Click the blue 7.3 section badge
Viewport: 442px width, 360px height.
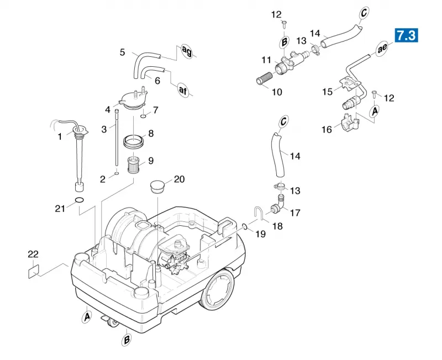(x=406, y=35)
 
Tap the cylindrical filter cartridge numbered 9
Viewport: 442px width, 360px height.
(x=133, y=165)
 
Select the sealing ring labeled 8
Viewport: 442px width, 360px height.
(x=133, y=141)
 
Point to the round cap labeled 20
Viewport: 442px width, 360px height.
(x=157, y=187)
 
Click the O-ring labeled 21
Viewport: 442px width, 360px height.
(x=80, y=200)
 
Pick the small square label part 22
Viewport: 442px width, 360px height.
(x=34, y=272)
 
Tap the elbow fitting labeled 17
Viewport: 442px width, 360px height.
(x=278, y=204)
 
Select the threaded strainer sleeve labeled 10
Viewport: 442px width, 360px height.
(x=265, y=77)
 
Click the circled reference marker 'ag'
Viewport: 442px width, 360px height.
(x=186, y=51)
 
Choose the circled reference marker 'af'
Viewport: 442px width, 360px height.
(x=183, y=90)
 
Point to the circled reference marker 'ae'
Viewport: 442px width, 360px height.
(x=382, y=49)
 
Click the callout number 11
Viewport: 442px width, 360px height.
(x=266, y=60)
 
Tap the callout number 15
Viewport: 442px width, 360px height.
(x=327, y=92)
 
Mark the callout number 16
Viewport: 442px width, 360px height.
(x=327, y=129)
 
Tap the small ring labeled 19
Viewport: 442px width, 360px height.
(x=245, y=226)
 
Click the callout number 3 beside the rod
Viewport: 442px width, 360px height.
(x=104, y=129)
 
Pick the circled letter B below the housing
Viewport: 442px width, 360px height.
(x=127, y=340)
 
